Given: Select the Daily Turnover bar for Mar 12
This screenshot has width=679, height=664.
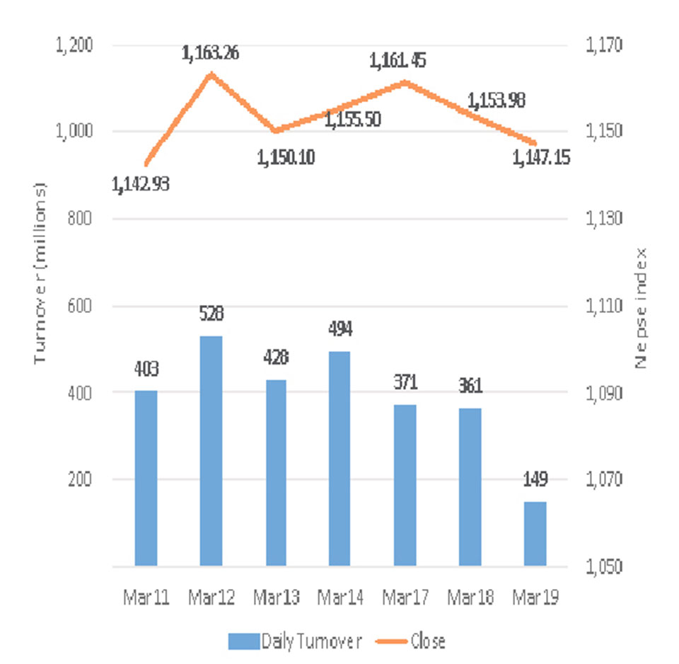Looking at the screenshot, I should [x=211, y=451].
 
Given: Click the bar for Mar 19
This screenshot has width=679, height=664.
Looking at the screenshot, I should [x=535, y=534].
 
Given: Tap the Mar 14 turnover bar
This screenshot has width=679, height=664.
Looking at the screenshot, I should [x=339, y=459].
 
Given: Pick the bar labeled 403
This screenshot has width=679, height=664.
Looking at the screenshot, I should [x=146, y=479].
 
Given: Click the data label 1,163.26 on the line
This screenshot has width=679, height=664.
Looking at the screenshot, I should [x=210, y=53].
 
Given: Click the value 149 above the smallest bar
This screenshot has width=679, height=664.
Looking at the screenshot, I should [x=535, y=486].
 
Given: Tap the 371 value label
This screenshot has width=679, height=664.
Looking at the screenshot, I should [x=405, y=383].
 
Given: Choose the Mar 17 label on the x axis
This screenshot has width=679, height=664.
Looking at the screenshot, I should [x=405, y=599].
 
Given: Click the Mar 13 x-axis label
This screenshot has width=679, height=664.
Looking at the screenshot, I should [x=276, y=599].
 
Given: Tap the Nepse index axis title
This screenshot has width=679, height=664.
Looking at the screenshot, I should [x=642, y=308].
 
